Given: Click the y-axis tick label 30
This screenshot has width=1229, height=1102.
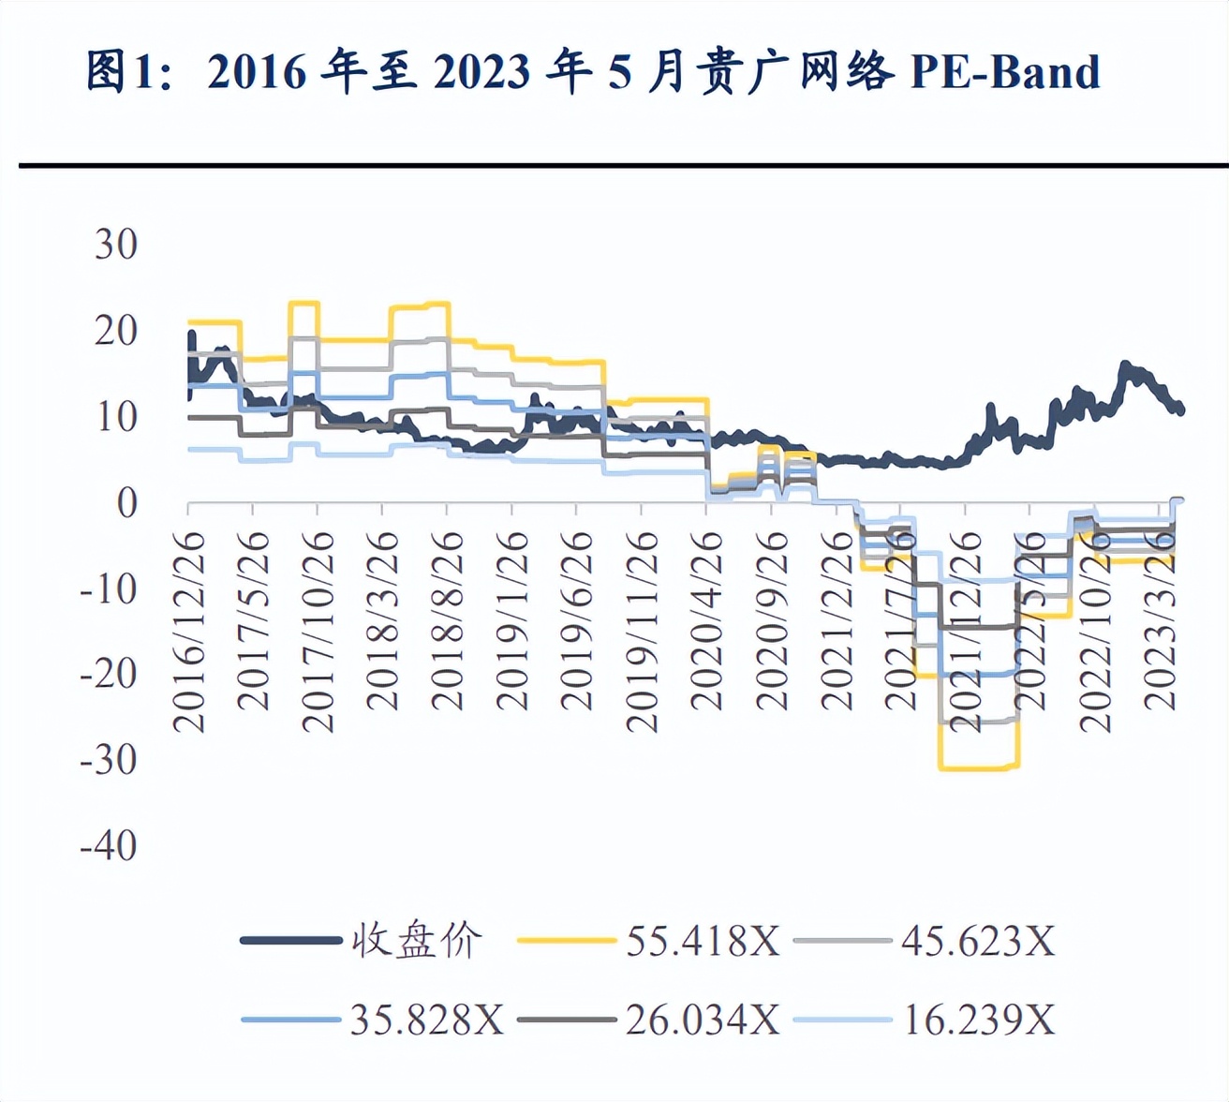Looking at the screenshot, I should (116, 245).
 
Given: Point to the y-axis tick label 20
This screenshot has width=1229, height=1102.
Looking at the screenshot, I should (116, 331).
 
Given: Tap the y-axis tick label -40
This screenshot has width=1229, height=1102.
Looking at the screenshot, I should (109, 846).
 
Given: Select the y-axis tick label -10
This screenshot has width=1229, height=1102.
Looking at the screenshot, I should (109, 588).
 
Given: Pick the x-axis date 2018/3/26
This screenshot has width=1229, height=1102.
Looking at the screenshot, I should (382, 620).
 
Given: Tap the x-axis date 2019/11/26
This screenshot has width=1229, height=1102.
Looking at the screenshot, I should (642, 631).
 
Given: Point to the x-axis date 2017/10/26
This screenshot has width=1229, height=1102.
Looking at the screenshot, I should (318, 631).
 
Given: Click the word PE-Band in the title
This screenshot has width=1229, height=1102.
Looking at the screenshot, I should (1005, 72).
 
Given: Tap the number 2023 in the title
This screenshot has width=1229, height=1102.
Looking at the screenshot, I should (482, 72).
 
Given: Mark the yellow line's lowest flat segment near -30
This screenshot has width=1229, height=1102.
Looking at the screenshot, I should (979, 767).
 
